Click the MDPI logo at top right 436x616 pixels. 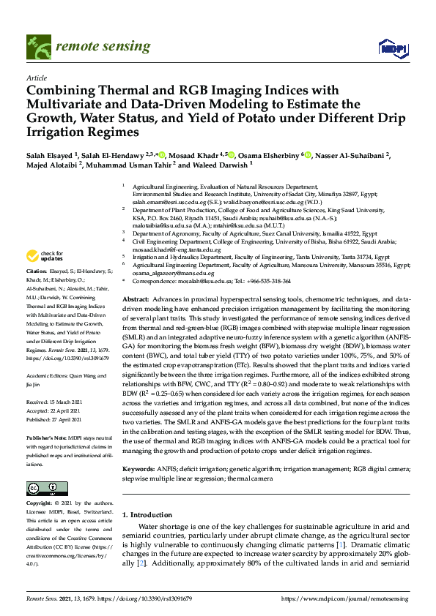[x=393, y=48]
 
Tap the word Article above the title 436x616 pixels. [x=36, y=77]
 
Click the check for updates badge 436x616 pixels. [x=44, y=256]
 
